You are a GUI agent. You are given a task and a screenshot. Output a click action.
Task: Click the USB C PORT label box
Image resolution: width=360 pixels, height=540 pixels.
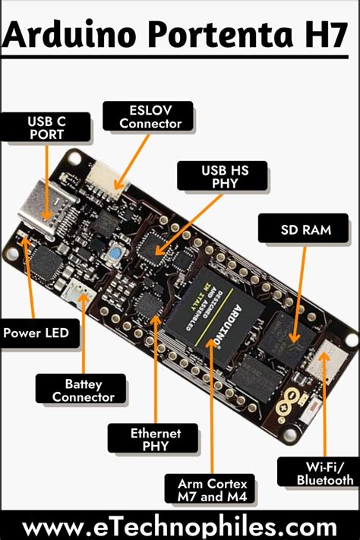(46, 127)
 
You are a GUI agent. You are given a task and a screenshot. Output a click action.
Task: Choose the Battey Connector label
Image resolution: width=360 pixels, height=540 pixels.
(78, 390)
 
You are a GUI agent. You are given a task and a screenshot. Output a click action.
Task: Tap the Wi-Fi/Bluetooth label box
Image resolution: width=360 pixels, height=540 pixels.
(317, 472)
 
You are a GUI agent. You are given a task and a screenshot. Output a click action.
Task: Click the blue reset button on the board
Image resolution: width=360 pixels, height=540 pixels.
(115, 253)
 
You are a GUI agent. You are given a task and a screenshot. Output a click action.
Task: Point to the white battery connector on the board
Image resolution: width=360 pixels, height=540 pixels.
(79, 291)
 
